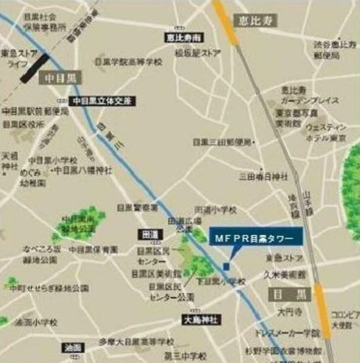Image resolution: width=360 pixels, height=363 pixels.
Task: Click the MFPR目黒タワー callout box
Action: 256,238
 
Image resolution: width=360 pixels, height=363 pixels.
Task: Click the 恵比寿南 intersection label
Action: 179,38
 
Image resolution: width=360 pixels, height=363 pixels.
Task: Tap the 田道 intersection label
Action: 150,234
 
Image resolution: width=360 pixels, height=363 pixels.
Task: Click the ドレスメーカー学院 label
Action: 288,333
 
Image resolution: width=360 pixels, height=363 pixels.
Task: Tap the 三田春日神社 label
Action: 264,176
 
